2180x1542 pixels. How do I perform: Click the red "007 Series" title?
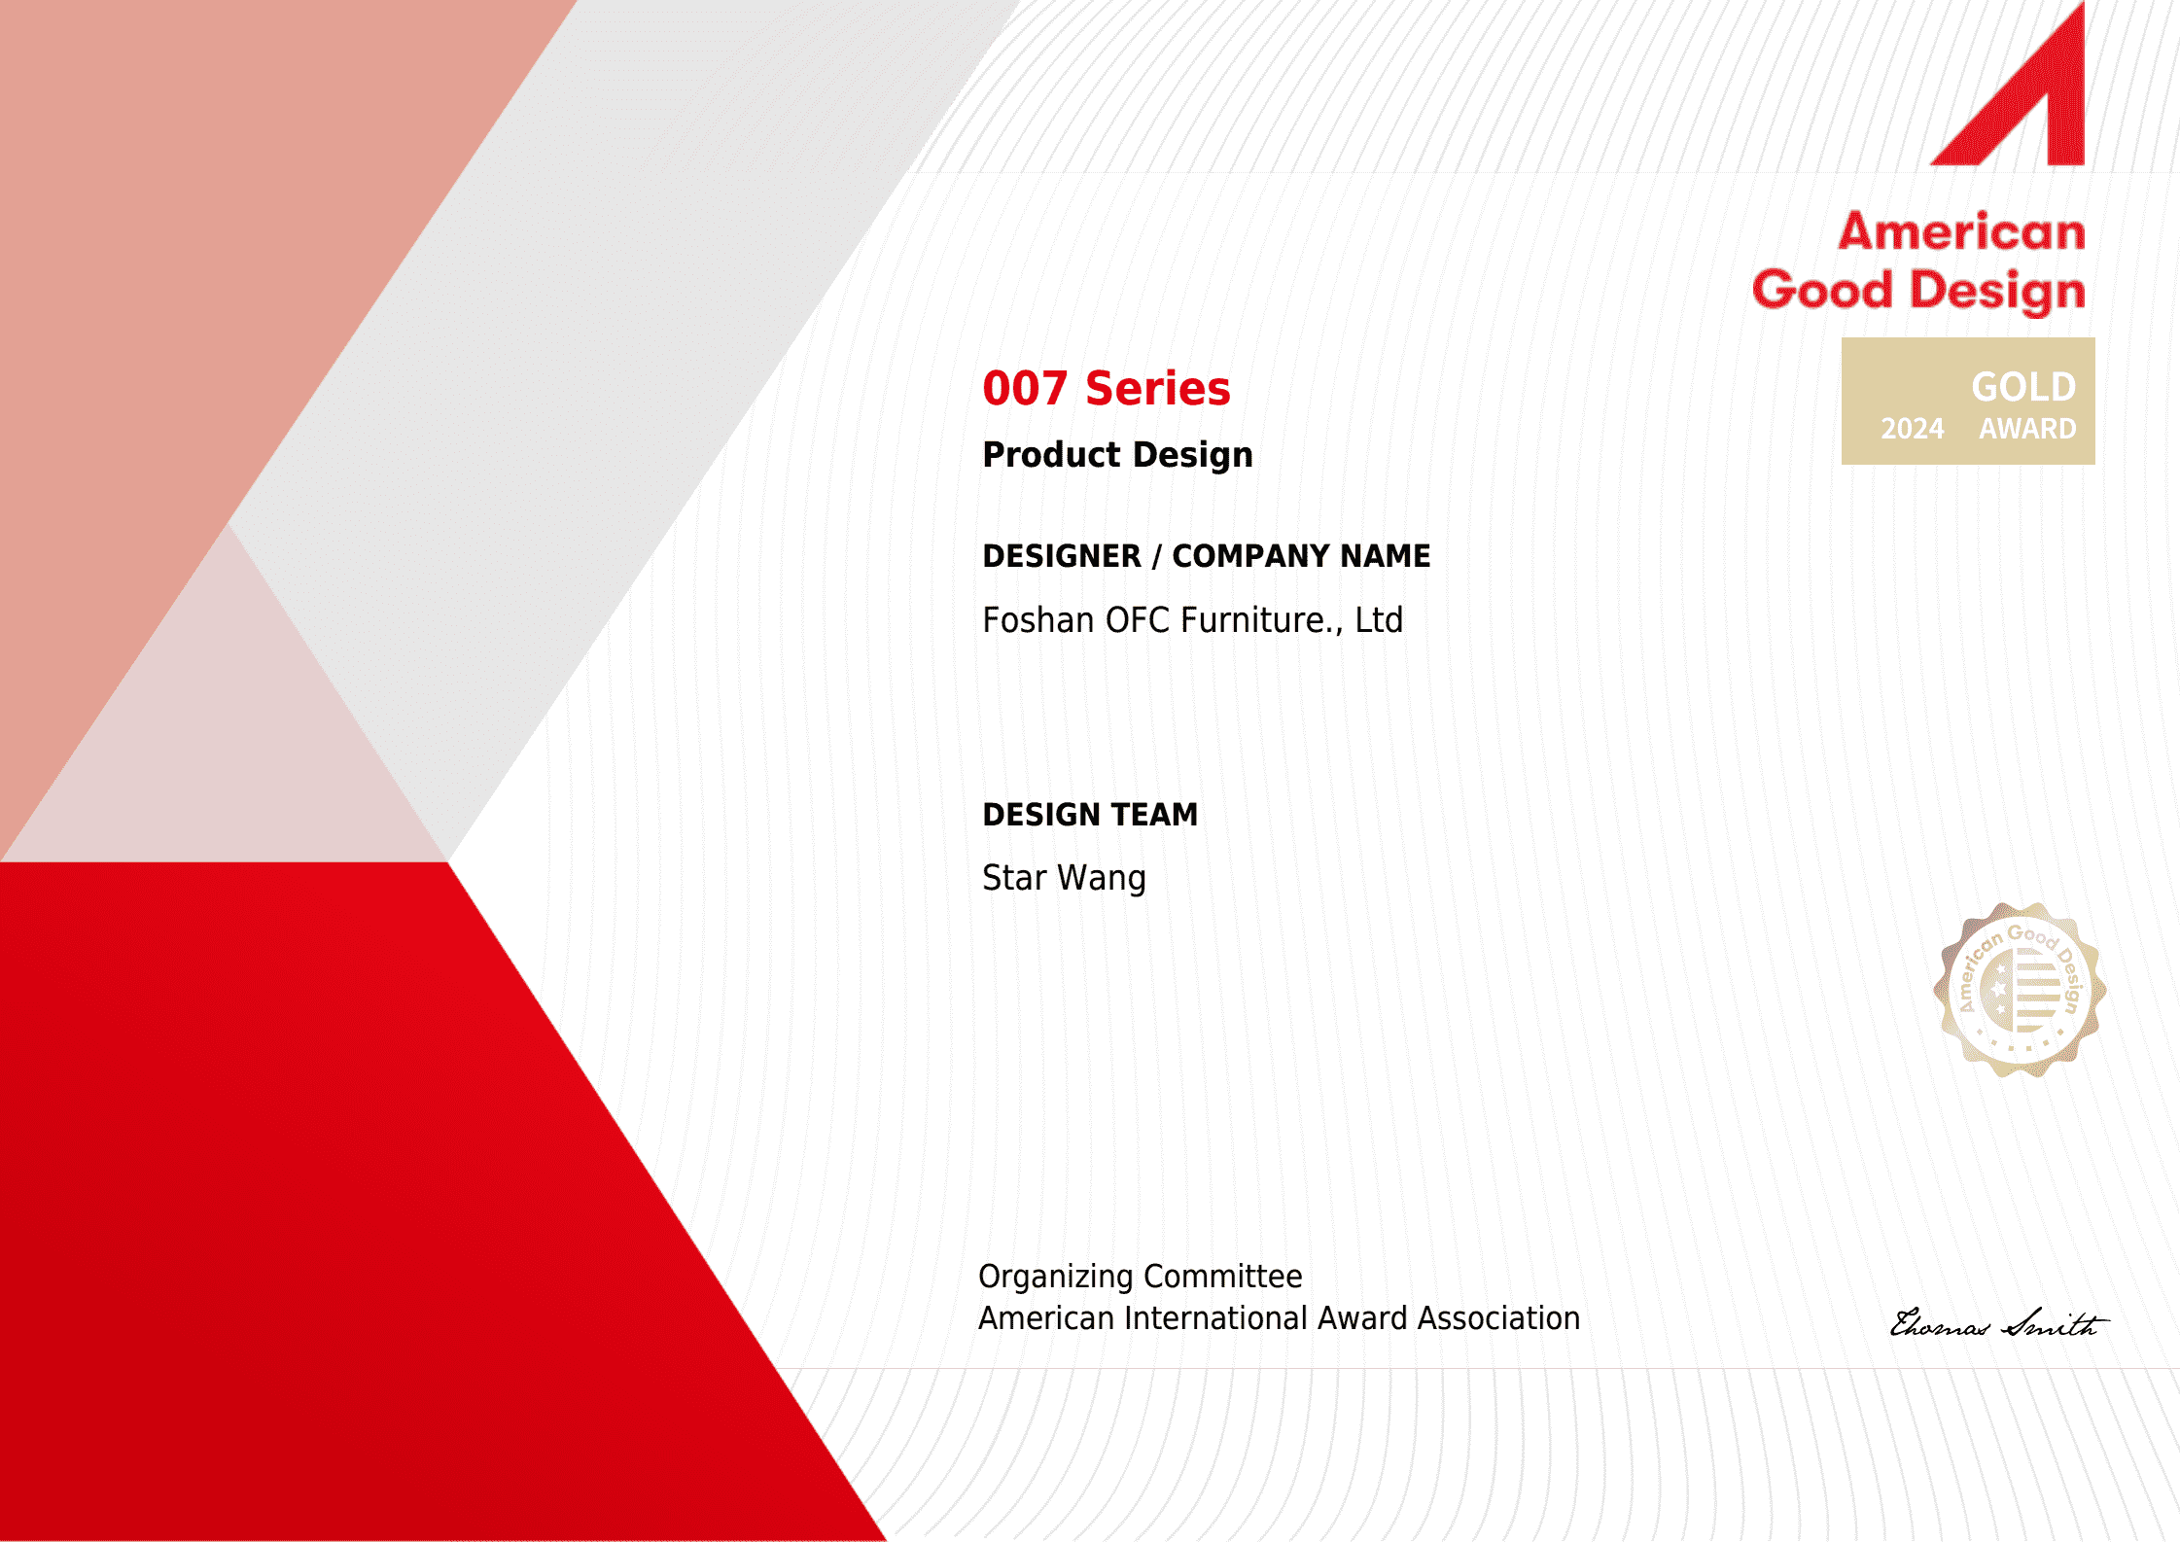click(1107, 389)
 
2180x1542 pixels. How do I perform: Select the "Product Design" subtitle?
click(1118, 455)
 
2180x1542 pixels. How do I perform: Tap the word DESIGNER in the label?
click(1062, 556)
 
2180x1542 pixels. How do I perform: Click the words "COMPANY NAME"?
click(1301, 556)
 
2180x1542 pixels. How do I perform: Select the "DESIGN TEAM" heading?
click(1090, 815)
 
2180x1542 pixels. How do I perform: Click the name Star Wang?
click(1065, 878)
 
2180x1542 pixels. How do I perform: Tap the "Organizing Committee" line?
click(1141, 1277)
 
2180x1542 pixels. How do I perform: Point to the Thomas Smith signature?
click(1999, 1323)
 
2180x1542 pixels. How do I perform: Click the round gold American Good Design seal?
click(2021, 990)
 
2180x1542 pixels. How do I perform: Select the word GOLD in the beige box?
click(2023, 387)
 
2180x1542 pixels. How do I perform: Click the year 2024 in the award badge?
click(1912, 429)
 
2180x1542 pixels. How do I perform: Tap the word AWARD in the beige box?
click(2027, 429)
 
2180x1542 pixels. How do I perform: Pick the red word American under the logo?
click(1961, 232)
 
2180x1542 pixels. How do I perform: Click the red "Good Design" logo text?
click(1918, 291)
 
